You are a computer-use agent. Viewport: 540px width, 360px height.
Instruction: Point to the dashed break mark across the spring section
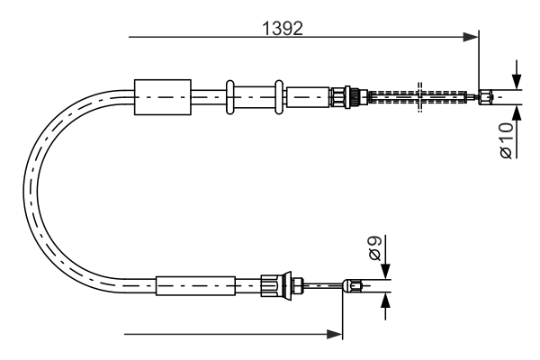pos(420,96)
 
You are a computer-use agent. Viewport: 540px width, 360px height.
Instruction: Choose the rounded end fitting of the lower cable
pos(355,287)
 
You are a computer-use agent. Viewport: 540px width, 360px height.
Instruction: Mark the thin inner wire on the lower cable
pos(322,287)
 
